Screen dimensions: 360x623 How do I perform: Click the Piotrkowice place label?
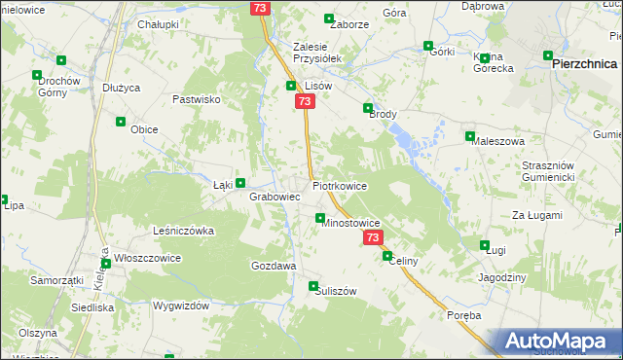(x=340, y=184)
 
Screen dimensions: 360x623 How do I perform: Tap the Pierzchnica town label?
(x=582, y=61)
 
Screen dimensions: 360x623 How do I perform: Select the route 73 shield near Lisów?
(x=306, y=101)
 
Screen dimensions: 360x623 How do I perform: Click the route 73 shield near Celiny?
(x=373, y=237)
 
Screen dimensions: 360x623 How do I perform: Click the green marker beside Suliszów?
(x=313, y=286)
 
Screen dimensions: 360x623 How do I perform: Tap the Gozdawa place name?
(x=274, y=266)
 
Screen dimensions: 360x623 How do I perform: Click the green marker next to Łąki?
(x=240, y=182)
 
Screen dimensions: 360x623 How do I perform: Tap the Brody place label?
(x=384, y=114)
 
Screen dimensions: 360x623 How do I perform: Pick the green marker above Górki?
(x=428, y=45)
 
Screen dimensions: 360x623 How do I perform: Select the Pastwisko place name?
(x=198, y=99)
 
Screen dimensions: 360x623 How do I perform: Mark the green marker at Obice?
(x=122, y=122)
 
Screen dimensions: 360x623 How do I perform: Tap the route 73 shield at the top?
(x=259, y=8)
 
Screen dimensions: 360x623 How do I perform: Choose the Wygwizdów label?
(x=181, y=306)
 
